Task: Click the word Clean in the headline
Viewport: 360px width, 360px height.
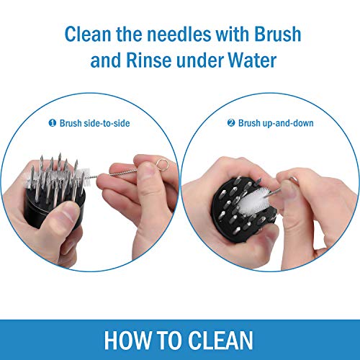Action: [x=88, y=34]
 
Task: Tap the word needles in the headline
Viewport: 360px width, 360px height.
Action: [x=179, y=34]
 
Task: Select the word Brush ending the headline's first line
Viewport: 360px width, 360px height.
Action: [x=277, y=34]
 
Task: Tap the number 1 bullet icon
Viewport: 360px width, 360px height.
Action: [x=53, y=123]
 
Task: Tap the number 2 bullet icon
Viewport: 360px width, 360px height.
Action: [x=231, y=123]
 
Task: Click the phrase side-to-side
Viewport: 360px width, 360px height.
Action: [x=107, y=123]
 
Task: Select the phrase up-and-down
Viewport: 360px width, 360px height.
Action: [x=288, y=123]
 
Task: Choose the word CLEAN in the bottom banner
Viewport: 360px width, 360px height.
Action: [x=220, y=340]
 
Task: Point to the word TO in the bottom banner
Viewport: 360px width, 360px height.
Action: [x=169, y=340]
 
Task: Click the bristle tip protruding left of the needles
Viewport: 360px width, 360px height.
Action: [x=27, y=178]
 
